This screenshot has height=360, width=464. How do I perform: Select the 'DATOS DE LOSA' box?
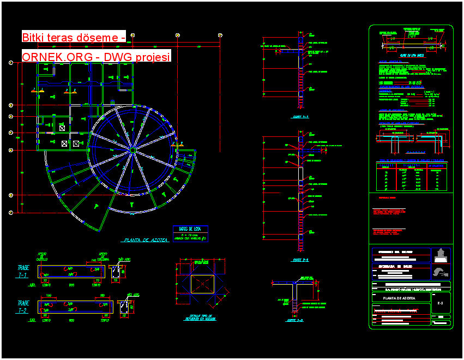pos(190,233)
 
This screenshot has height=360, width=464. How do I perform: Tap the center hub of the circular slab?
pos(132,149)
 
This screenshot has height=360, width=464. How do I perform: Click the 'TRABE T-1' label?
pos(23,272)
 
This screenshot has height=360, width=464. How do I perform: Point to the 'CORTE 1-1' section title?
pos(300,117)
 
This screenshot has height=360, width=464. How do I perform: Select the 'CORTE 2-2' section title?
pos(300,260)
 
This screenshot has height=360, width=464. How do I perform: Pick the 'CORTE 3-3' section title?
pos(295,321)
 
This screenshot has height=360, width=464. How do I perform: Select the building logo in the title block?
pos(441,255)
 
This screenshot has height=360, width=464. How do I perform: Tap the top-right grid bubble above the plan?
pos(220,35)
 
